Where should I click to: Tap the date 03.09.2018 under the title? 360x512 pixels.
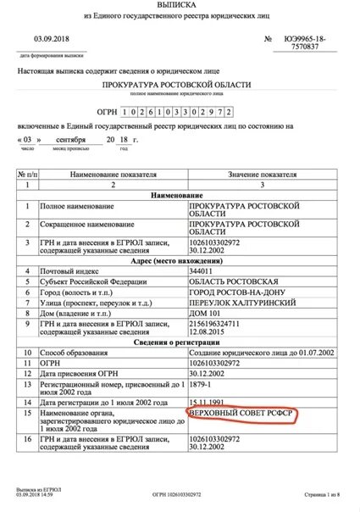pyautogui.click(x=52, y=39)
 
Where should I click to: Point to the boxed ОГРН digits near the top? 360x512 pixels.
pyautogui.click(x=175, y=112)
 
